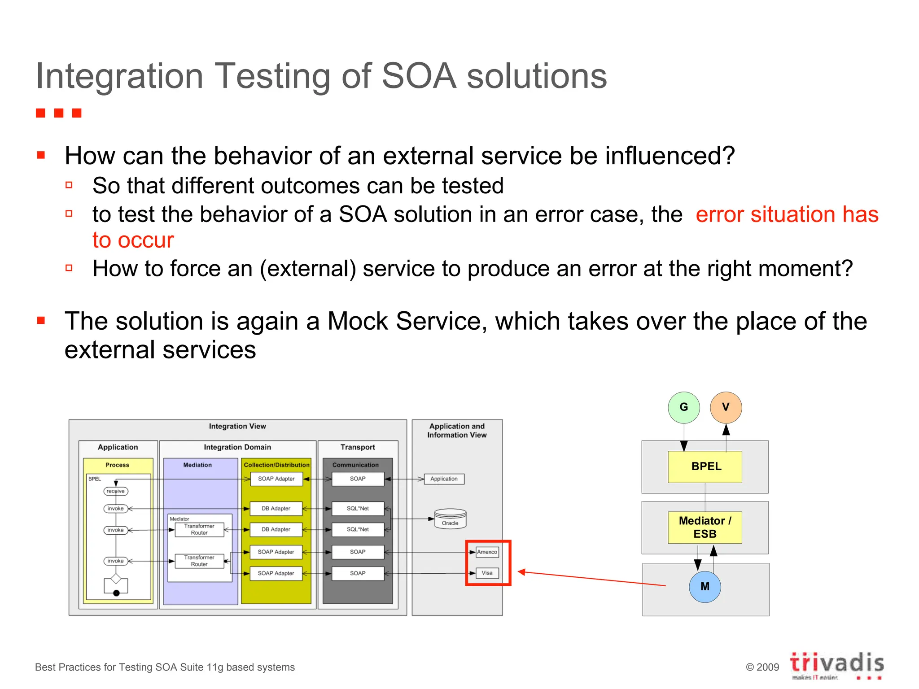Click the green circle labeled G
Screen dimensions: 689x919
point(683,407)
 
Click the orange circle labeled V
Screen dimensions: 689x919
point(726,407)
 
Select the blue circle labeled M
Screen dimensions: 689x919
point(705,586)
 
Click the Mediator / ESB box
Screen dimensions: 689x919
point(705,527)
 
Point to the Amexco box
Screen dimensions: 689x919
point(487,552)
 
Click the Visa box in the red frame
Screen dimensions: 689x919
point(487,573)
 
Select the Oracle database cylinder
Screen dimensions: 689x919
point(450,519)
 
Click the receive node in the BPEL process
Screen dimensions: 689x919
point(116,491)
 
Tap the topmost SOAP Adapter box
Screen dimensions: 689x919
point(276,479)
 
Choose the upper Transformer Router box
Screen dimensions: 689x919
point(199,529)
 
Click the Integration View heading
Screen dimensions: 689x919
point(237,426)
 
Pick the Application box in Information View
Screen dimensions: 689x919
point(444,479)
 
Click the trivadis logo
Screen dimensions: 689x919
point(836,664)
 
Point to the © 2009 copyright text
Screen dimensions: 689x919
point(762,667)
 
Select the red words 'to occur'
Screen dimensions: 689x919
point(133,240)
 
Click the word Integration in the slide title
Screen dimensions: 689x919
point(119,76)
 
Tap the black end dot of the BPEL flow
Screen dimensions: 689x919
point(116,593)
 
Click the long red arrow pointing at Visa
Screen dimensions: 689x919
point(592,579)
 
